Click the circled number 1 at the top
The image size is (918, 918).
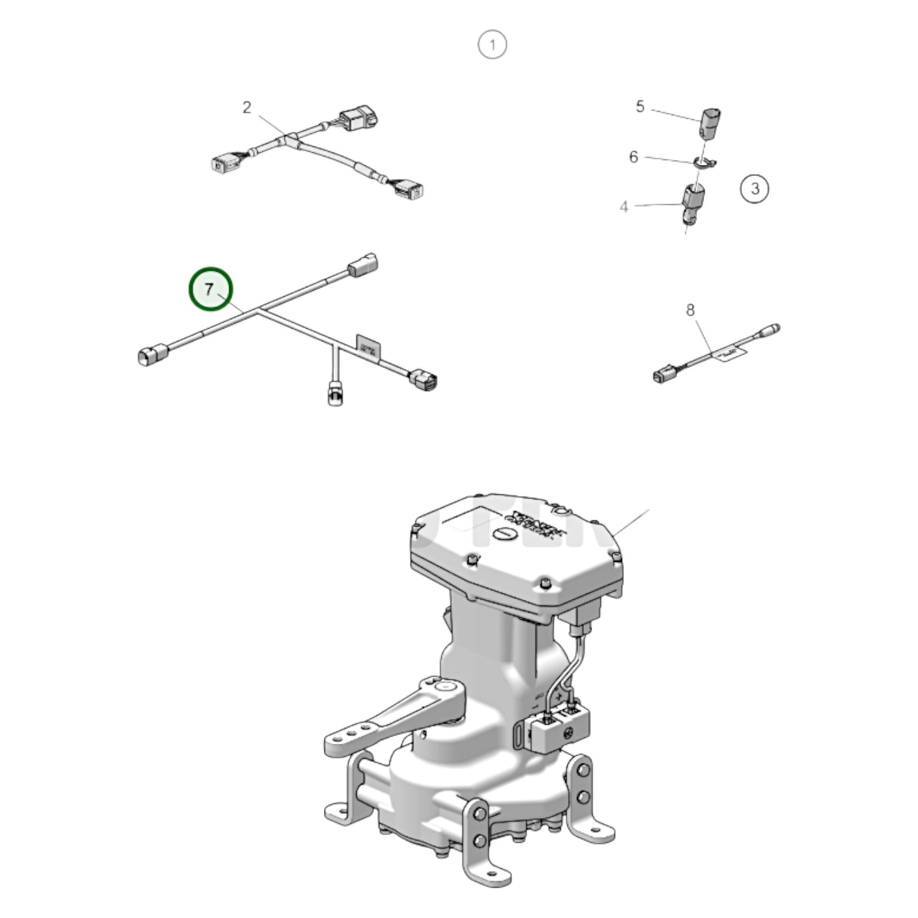tap(492, 45)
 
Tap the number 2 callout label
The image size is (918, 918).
tap(246, 107)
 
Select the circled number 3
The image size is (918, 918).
tap(755, 189)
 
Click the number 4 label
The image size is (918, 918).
tap(624, 206)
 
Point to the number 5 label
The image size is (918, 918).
tap(640, 106)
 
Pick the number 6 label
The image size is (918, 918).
tap(633, 156)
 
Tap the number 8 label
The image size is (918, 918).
tap(691, 310)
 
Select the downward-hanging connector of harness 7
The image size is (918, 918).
tap(335, 393)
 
